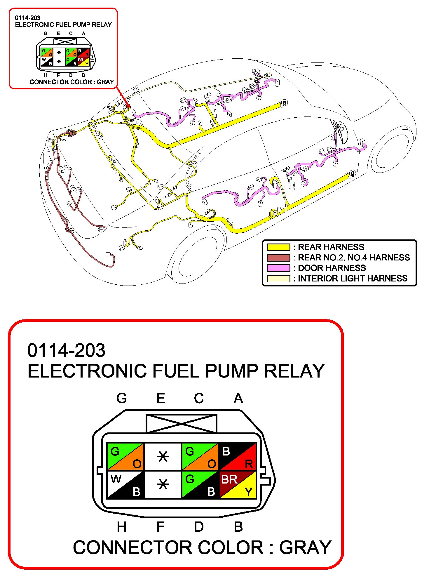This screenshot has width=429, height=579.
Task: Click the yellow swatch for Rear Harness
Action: click(x=278, y=247)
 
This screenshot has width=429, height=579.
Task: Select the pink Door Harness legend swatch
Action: click(x=278, y=268)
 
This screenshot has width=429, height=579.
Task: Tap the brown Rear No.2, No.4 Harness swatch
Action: click(x=278, y=258)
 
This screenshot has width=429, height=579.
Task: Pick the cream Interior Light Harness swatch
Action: click(x=278, y=279)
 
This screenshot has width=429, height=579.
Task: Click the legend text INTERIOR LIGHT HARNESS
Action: click(x=353, y=279)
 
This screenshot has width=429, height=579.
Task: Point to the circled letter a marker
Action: click(x=284, y=102)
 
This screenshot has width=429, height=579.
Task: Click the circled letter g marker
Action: click(x=353, y=173)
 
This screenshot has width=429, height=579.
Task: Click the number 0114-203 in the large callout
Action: click(x=66, y=350)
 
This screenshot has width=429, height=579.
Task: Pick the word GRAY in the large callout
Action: click(x=305, y=548)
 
